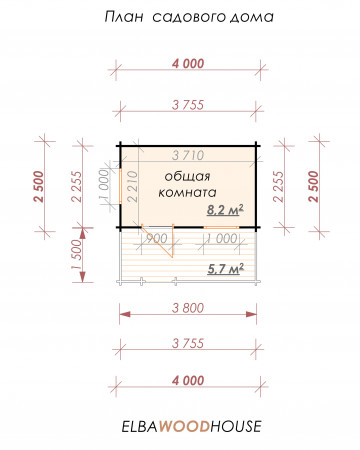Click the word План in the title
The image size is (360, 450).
pos(124,17)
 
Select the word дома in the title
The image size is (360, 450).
pos(251,17)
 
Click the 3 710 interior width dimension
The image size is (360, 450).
pos(188,155)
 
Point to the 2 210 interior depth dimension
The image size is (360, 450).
pos(132,186)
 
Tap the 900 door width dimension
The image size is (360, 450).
pos(157,238)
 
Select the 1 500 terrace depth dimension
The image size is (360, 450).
pos(76,255)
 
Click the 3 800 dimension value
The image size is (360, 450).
pos(188,308)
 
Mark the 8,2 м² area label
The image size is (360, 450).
pos(225,210)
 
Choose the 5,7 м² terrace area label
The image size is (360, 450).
pos(225,269)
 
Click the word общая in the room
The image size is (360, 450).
pos(187,176)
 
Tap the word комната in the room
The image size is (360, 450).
pos(187,192)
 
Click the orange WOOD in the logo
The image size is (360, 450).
pos(184,426)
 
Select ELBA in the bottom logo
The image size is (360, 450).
pos(139,427)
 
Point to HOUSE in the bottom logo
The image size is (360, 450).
pos(236,426)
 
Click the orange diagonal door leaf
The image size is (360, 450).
pos(157,241)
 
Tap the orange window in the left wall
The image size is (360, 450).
pos(120,185)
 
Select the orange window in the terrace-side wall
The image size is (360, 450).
pos(221,227)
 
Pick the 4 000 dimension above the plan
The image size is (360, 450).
pos(188,63)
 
